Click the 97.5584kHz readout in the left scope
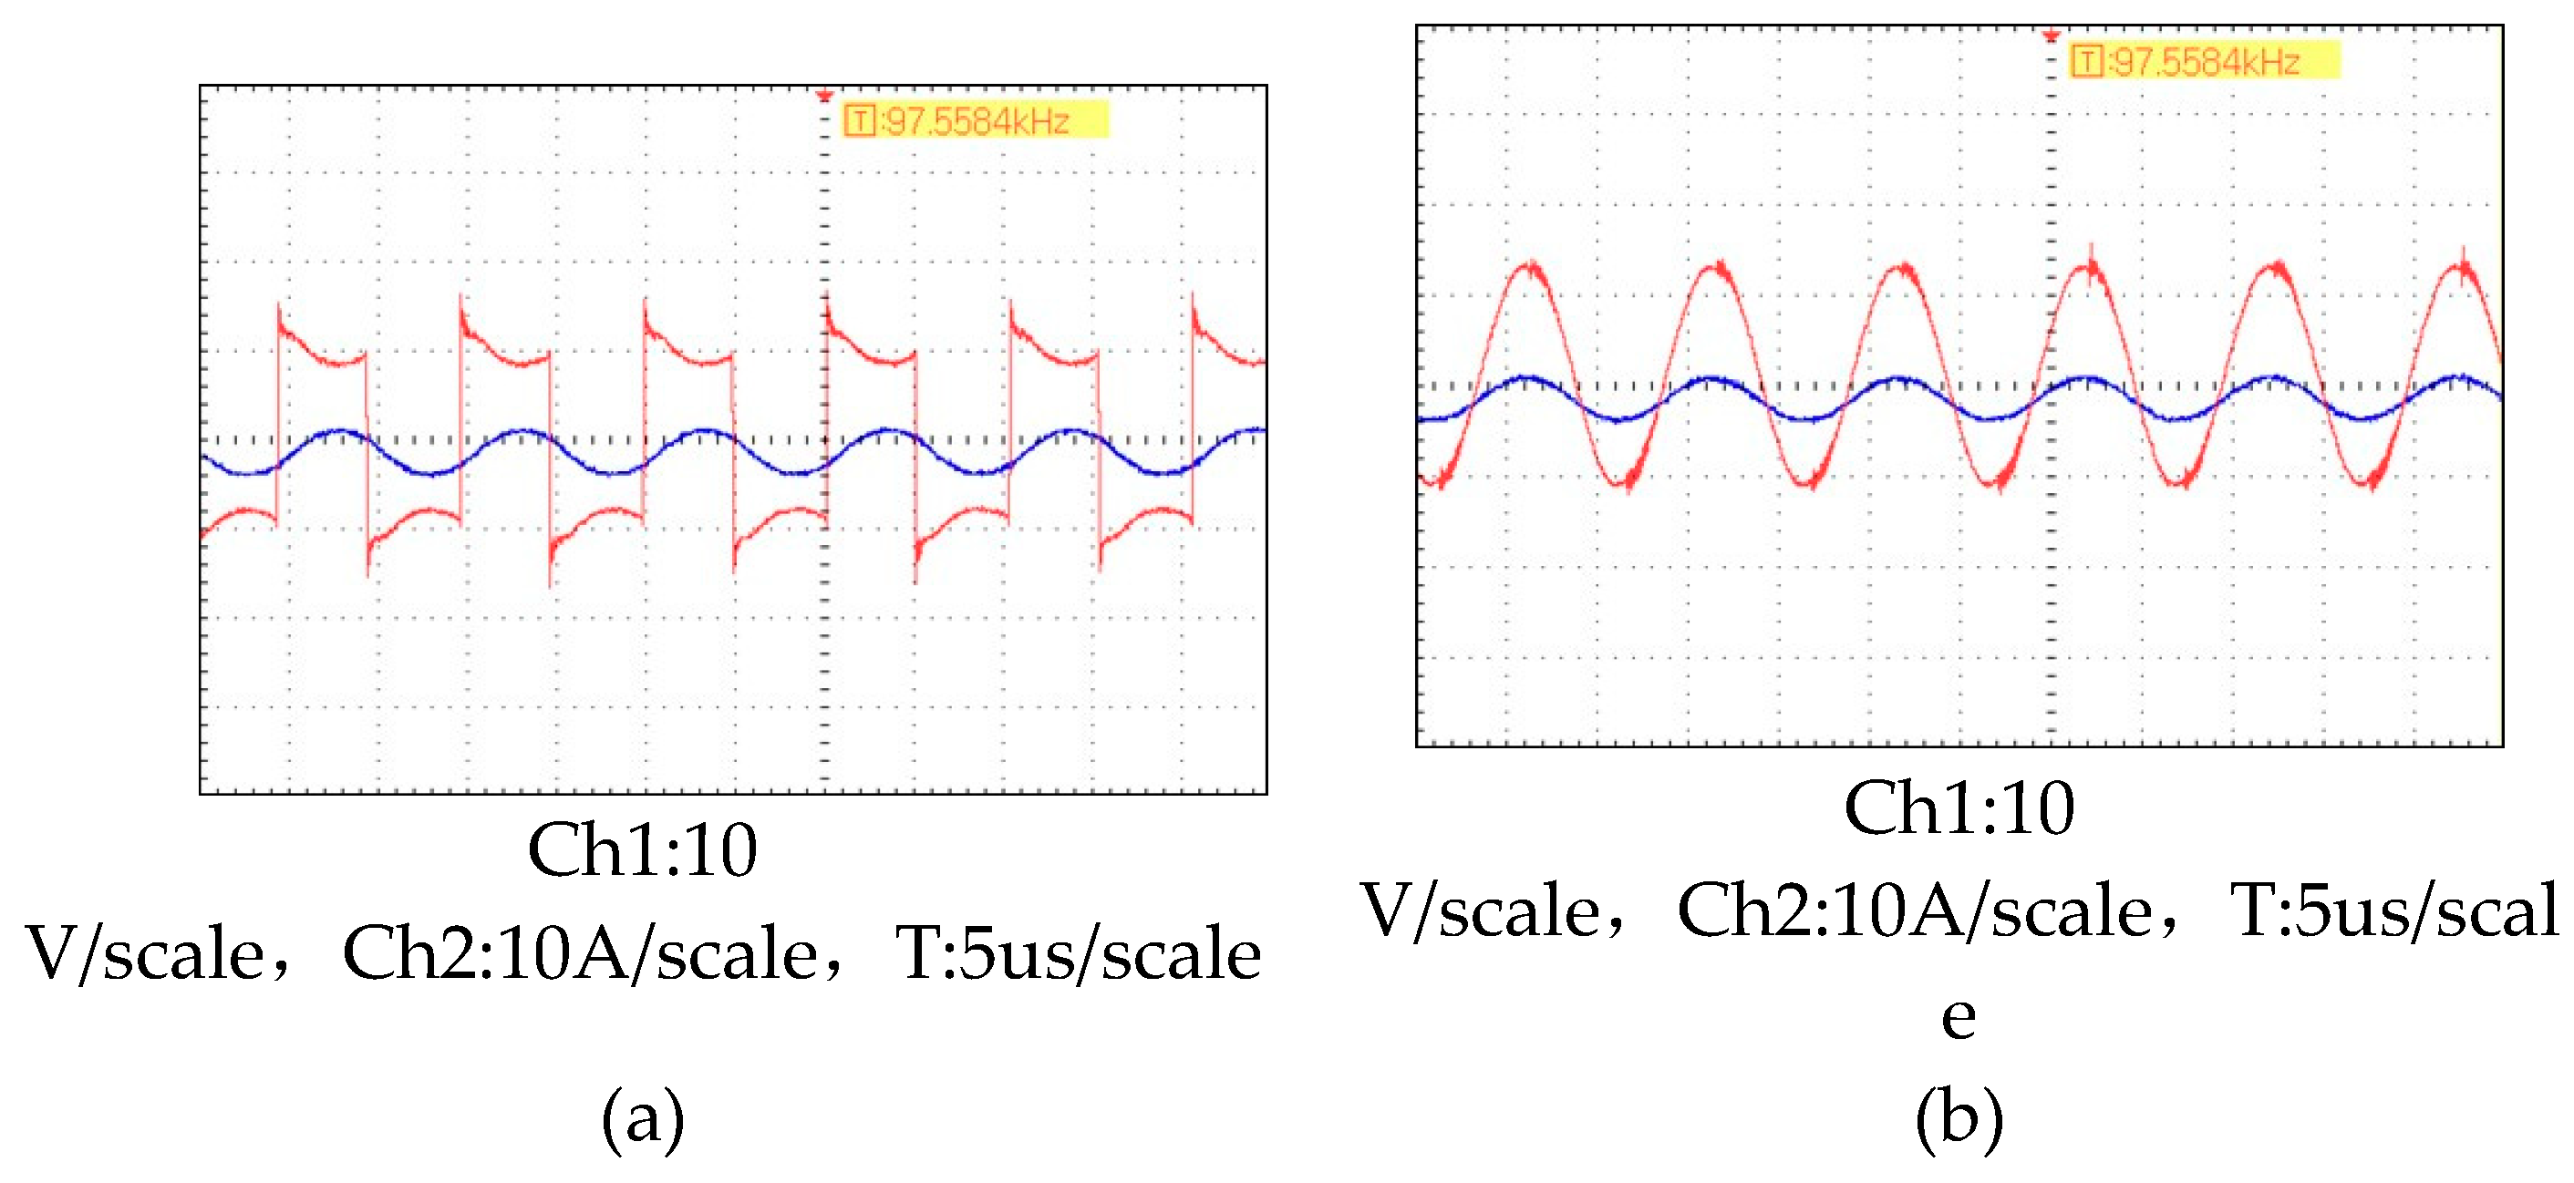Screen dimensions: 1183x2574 click(977, 122)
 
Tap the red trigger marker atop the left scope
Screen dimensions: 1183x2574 click(824, 97)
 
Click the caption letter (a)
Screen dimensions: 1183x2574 click(643, 1117)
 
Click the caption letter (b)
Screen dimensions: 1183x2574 click(1959, 1117)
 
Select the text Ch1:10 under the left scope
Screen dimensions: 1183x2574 click(643, 851)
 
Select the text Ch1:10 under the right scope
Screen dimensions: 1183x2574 click(1959, 808)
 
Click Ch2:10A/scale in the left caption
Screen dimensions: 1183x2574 click(580, 954)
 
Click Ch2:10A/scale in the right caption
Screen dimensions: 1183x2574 click(1914, 911)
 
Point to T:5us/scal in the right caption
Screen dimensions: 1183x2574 click(2394, 911)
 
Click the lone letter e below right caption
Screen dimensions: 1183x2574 click(1959, 1016)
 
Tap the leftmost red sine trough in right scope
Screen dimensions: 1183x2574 click(1440, 484)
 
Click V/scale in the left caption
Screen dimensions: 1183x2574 click(146, 954)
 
